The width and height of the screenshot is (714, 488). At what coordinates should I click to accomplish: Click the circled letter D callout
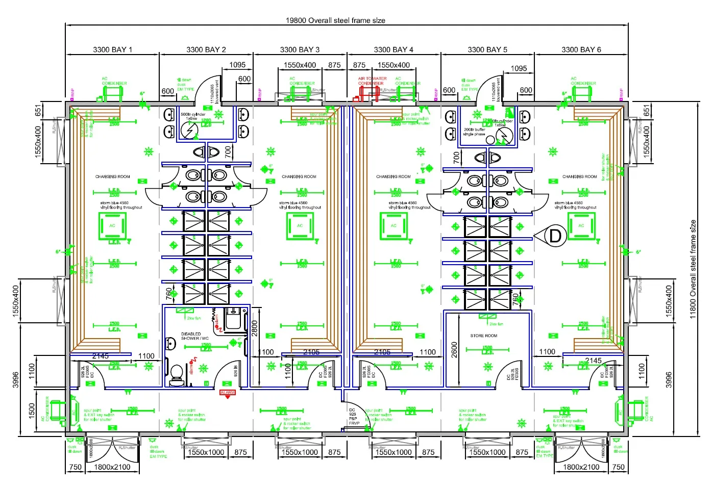(555, 236)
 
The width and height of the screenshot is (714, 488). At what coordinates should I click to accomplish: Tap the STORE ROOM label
(483, 336)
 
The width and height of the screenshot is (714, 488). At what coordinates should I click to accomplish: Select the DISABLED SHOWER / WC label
(194, 336)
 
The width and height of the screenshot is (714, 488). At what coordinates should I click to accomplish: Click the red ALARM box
(227, 392)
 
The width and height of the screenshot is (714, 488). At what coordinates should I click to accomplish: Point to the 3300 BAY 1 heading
(112, 49)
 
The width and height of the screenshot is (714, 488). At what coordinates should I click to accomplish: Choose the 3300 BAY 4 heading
(393, 49)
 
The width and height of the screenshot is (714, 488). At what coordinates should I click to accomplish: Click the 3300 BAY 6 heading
(581, 49)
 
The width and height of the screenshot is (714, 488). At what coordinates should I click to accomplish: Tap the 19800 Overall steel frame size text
(335, 20)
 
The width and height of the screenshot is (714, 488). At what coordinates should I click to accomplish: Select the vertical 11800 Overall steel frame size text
(693, 269)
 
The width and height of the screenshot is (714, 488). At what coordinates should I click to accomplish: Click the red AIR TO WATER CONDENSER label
(372, 81)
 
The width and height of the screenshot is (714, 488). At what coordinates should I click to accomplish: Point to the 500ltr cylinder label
(192, 116)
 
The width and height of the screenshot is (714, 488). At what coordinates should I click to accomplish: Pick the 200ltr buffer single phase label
(474, 132)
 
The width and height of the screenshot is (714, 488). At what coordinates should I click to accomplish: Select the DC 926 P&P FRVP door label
(353, 417)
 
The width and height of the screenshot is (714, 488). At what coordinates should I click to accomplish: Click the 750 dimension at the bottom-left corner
(75, 467)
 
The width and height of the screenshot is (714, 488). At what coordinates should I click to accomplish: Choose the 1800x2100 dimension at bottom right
(581, 467)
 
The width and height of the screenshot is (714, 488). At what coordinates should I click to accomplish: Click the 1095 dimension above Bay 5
(519, 68)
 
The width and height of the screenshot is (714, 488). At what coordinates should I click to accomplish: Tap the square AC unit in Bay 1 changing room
(112, 226)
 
